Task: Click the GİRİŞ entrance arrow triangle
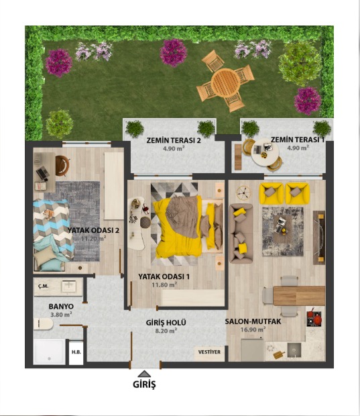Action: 144,374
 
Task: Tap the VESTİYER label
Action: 209,352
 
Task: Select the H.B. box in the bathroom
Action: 76,352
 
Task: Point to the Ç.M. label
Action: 43,286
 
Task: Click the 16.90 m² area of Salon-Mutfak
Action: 253,329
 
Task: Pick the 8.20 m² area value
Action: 166,331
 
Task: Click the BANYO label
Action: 61,307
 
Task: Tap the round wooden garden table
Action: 226,82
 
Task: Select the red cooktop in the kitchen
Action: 314,317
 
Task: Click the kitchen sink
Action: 294,350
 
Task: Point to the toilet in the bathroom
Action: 44,323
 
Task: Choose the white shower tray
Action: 50,352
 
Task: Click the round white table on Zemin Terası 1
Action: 265,152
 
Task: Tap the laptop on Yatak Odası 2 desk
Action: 42,172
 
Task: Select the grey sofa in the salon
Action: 241,233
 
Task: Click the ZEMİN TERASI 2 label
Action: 174,140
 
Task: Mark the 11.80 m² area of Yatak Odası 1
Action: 164,285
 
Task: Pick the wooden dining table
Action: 299,295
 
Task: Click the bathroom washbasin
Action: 69,287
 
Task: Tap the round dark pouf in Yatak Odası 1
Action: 145,222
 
